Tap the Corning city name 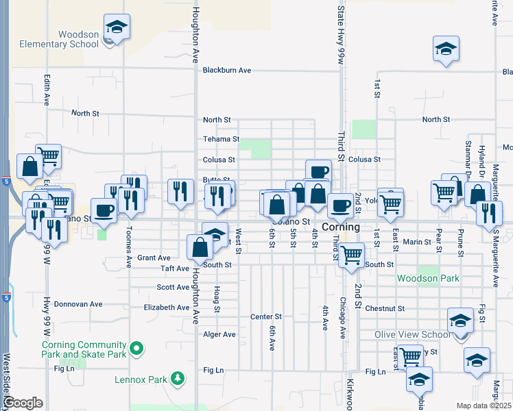tap(341, 227)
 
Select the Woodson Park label tap(429, 279)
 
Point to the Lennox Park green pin tap(178, 377)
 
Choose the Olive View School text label tap(412, 334)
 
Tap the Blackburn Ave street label tap(227, 70)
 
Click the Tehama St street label tap(221, 139)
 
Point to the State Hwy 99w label tap(340, 34)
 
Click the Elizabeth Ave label tap(166, 308)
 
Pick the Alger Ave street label tap(219, 334)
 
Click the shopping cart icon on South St tap(352, 254)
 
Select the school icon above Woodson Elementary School tap(117, 27)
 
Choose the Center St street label tap(266, 316)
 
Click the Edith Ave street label tap(47, 90)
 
